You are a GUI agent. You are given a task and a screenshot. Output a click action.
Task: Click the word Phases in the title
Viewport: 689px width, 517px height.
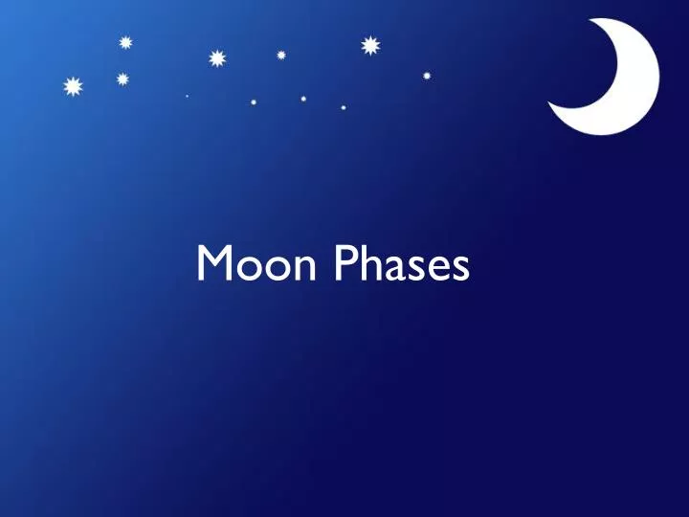402,263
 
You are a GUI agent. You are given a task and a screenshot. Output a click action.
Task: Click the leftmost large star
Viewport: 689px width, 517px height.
72,87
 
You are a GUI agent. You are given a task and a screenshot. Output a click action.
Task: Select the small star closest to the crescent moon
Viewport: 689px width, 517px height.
427,75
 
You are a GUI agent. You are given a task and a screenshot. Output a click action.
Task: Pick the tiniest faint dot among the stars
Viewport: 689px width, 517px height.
187,96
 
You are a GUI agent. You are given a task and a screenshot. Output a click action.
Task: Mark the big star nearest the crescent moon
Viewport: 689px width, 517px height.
370,45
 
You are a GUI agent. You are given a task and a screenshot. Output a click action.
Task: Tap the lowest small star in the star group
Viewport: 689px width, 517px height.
344,107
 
